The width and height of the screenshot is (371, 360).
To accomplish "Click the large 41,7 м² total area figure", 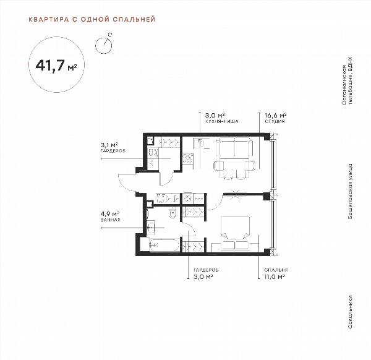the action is (56, 66).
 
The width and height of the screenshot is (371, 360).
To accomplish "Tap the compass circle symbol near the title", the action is (103, 45).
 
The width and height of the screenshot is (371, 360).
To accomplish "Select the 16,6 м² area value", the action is (275, 116).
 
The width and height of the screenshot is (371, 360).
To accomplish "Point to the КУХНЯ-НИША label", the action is (222, 121).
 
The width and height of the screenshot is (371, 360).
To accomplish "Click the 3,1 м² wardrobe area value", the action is (109, 145).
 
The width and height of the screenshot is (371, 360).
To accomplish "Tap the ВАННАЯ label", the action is (110, 220).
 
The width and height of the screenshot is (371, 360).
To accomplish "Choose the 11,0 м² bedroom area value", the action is (275, 276).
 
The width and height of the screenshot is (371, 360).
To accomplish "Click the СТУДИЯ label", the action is (275, 121).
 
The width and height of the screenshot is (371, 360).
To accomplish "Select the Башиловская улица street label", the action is (350, 191).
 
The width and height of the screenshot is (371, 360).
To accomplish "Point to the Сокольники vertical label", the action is (350, 312).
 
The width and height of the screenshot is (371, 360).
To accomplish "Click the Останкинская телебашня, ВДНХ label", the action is (347, 81).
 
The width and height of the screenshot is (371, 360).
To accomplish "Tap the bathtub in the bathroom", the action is (164, 245).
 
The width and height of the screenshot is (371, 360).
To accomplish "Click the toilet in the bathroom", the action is (173, 212).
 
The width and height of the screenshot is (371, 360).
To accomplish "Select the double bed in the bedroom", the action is (235, 233).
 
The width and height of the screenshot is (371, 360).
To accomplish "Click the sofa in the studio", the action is (234, 148).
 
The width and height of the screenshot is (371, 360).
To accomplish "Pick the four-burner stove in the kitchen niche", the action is (188, 158).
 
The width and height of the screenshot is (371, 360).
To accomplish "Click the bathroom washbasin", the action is (150, 227).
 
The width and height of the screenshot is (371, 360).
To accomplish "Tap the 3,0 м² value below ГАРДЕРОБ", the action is (203, 276).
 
